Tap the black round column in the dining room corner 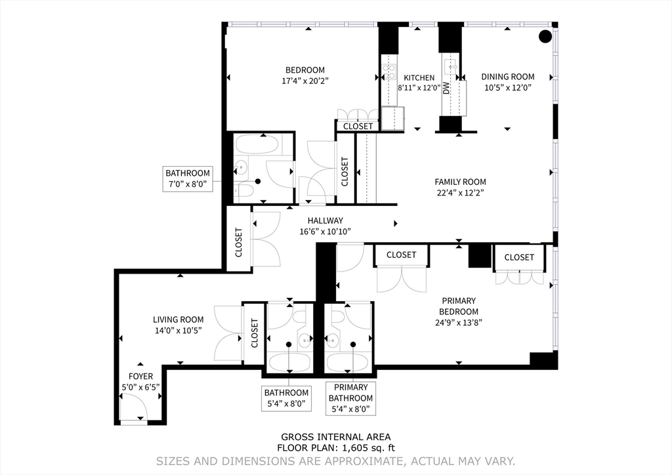(545, 37)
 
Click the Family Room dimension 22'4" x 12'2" (460, 193)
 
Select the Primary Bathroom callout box (350, 398)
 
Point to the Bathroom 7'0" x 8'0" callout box (188, 179)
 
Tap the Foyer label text (140, 377)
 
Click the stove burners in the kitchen (390, 68)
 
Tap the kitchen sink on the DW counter (451, 66)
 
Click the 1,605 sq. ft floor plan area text (336, 449)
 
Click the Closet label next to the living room (255, 333)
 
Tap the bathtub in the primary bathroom (350, 361)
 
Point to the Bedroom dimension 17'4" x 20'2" (304, 81)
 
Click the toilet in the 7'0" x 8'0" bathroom (243, 191)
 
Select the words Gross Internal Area (336, 437)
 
